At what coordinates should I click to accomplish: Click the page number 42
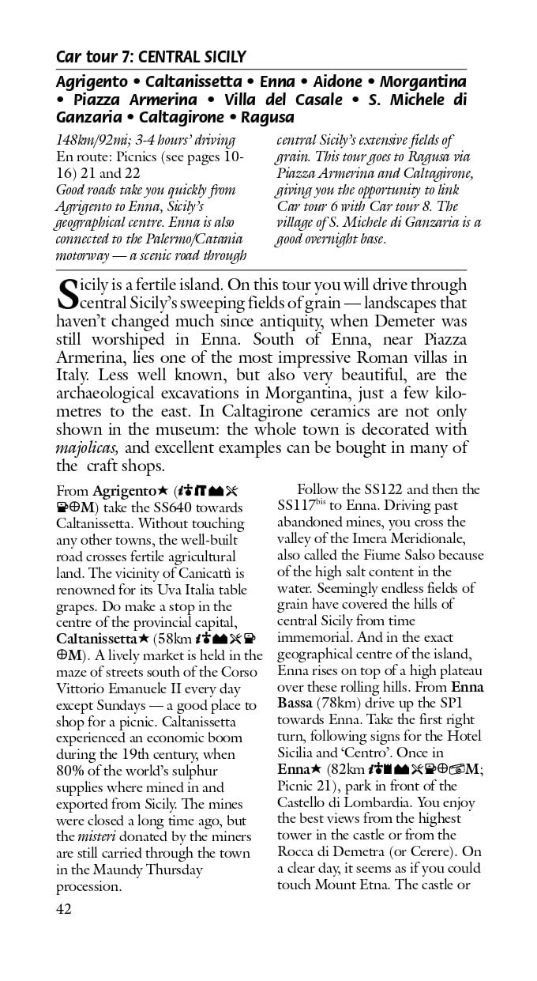point(64,909)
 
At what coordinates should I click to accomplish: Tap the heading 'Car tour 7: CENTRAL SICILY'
point(151,57)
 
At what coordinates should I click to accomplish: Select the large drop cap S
point(68,294)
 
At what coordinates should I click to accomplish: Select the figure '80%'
point(72,771)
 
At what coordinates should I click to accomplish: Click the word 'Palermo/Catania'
point(191,239)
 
